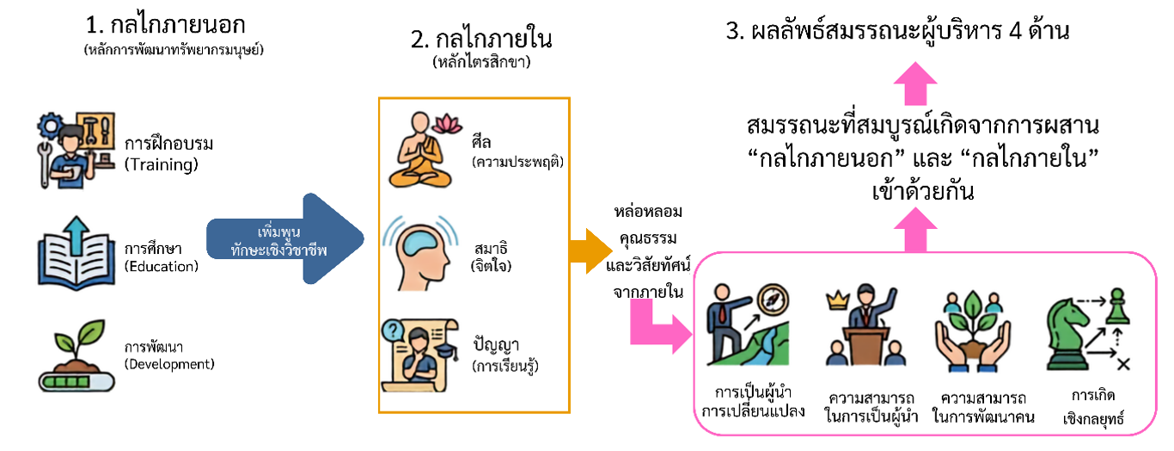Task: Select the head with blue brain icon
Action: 420,253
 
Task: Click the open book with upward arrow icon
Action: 76,253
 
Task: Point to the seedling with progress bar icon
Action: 76,356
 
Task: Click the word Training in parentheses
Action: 162,165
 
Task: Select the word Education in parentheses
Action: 162,267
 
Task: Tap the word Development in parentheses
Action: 169,364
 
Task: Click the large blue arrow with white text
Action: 285,239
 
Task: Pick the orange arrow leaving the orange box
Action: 590,251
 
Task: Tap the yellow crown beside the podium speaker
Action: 837,301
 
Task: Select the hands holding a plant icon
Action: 973,331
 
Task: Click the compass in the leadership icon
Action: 773,300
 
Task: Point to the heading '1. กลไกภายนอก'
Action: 165,25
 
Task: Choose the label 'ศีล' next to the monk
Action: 481,142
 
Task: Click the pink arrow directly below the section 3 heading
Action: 915,83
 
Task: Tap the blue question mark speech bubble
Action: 393,331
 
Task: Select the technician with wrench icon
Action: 76,150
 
